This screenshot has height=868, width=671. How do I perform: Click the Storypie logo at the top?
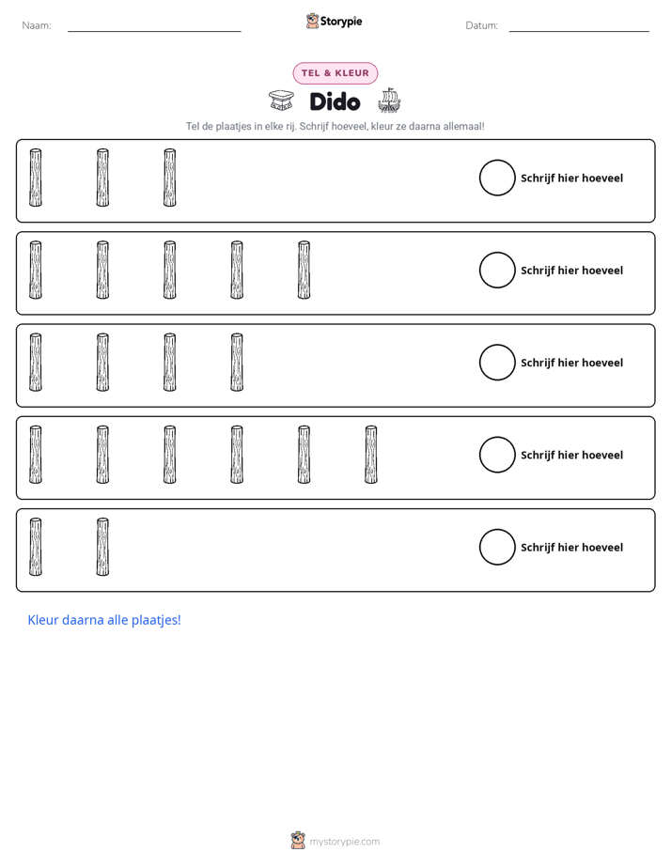(335, 21)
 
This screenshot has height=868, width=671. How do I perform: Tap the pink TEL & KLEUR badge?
(335, 73)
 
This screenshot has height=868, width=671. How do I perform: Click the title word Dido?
(335, 101)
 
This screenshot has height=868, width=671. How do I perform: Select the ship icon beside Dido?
(389, 101)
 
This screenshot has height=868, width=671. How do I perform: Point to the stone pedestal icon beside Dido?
(281, 101)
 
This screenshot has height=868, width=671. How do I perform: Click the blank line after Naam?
(154, 31)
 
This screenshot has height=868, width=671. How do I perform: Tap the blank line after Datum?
(579, 31)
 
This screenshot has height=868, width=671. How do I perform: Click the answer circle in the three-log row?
(497, 178)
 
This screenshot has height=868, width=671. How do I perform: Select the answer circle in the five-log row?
(497, 271)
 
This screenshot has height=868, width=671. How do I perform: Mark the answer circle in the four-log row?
(497, 363)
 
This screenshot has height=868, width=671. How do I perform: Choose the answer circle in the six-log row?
(497, 455)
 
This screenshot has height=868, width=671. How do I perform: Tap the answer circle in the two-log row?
(497, 547)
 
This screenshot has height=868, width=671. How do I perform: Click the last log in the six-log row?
(371, 455)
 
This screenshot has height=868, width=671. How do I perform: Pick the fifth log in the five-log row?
(304, 271)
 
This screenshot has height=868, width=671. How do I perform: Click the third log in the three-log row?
(170, 178)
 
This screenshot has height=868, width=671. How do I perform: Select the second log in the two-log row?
(102, 547)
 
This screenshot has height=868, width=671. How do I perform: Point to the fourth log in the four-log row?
(237, 363)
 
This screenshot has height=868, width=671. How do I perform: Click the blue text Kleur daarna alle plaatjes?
(104, 620)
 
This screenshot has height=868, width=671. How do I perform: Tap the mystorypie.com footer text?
(344, 842)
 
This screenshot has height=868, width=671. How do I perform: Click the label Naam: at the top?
(37, 25)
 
